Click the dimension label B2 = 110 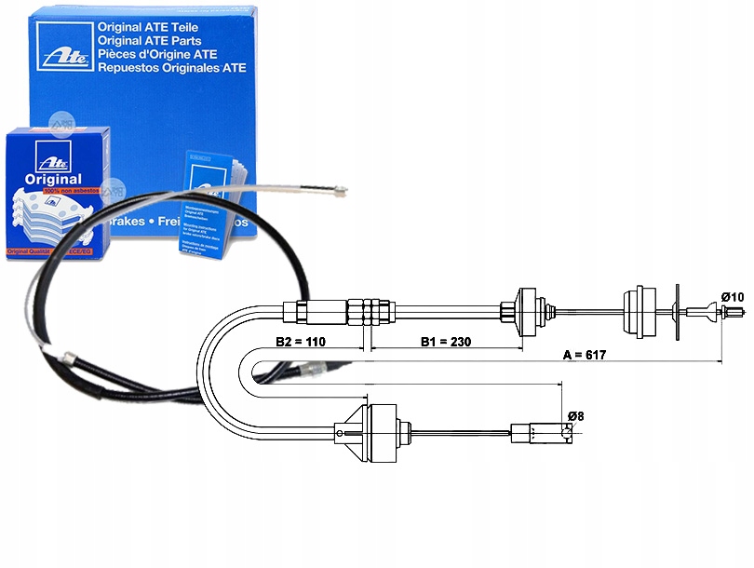point(301,342)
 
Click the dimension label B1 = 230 point(446,342)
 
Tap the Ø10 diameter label point(732,297)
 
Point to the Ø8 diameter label point(574,416)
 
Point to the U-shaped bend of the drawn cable point(223,372)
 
